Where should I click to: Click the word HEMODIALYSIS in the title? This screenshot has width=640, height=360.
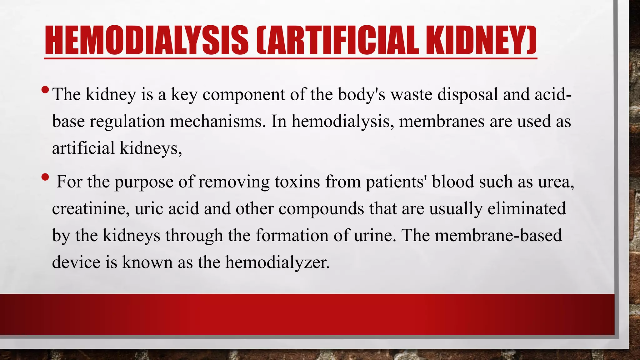[x=147, y=40]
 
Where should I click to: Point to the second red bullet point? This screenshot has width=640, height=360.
[x=45, y=177]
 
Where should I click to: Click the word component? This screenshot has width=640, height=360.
[x=244, y=94]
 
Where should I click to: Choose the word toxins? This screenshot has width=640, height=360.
[x=297, y=182]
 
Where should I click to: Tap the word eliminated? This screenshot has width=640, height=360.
[x=527, y=208]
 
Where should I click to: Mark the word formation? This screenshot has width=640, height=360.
[x=292, y=235]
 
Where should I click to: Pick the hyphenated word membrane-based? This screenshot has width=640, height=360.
[x=498, y=235]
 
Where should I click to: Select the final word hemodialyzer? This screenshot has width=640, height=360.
[x=277, y=262]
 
